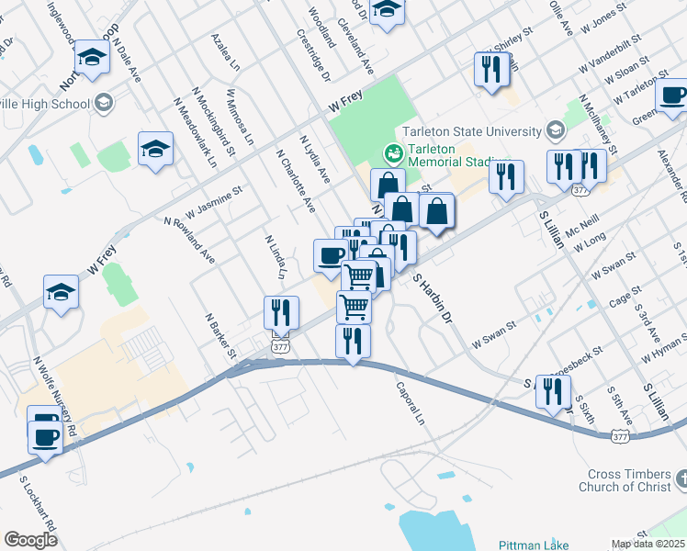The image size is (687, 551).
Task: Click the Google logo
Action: (30, 540)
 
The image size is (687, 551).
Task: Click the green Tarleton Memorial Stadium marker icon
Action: (393, 152)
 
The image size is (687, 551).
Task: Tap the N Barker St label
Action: (221, 336)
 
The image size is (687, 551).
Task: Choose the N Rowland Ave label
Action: (189, 241)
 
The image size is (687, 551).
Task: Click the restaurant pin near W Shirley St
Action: (491, 70)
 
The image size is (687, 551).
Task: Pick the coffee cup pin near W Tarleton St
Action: (671, 94)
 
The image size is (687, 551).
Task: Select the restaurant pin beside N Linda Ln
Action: (281, 312)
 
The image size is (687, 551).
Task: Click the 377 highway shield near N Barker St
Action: (281, 346)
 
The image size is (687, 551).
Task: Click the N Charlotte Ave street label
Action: (295, 180)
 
